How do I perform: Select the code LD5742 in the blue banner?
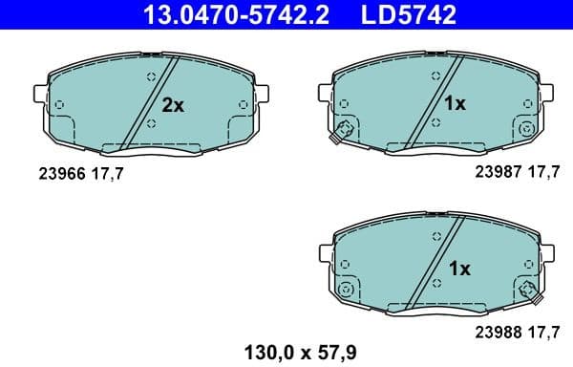(405, 15)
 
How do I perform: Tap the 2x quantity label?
(173, 106)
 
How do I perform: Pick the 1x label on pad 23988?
(459, 269)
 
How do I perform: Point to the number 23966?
(60, 175)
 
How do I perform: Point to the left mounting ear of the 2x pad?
(41, 95)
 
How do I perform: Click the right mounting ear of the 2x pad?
(265, 95)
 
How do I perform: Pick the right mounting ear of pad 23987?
(548, 92)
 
